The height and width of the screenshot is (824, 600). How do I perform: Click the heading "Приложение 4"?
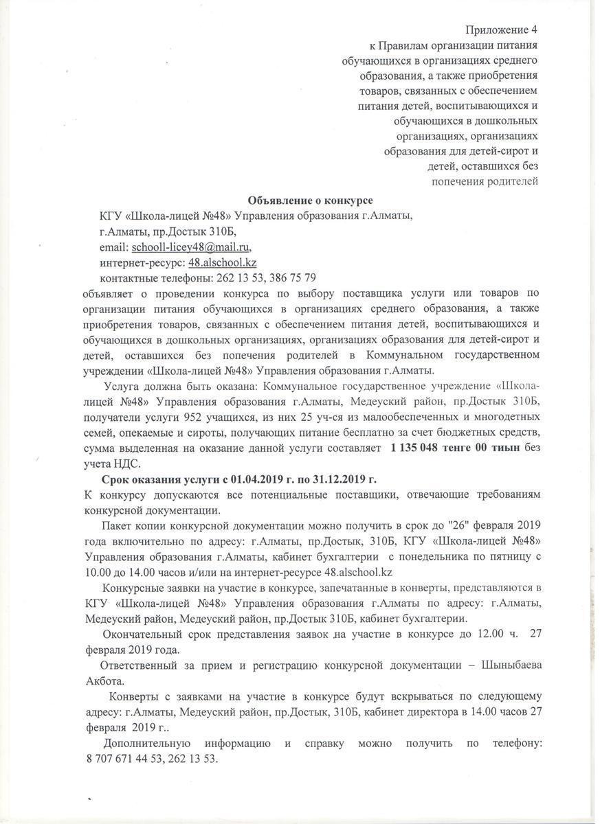(x=501, y=30)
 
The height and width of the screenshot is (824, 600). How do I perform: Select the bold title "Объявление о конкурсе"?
(x=310, y=201)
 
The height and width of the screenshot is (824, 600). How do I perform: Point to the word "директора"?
(x=430, y=712)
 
